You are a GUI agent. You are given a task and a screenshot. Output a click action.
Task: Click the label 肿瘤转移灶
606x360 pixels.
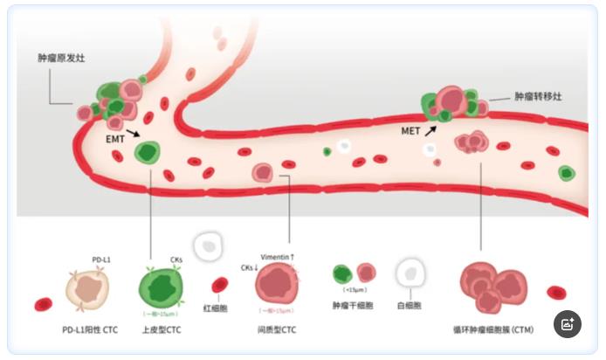click(x=538, y=96)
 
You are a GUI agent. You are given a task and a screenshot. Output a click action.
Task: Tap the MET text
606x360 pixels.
click(x=410, y=131)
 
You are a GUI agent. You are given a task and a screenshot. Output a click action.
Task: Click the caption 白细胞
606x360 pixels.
click(x=409, y=306)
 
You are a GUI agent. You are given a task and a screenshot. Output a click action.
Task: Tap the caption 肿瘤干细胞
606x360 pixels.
click(x=353, y=306)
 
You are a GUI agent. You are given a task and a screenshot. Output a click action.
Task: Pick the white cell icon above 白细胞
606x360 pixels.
click(x=409, y=273)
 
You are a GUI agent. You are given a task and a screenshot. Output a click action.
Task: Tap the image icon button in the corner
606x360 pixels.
click(x=568, y=323)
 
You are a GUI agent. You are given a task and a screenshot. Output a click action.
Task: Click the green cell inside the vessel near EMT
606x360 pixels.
click(x=148, y=154)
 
